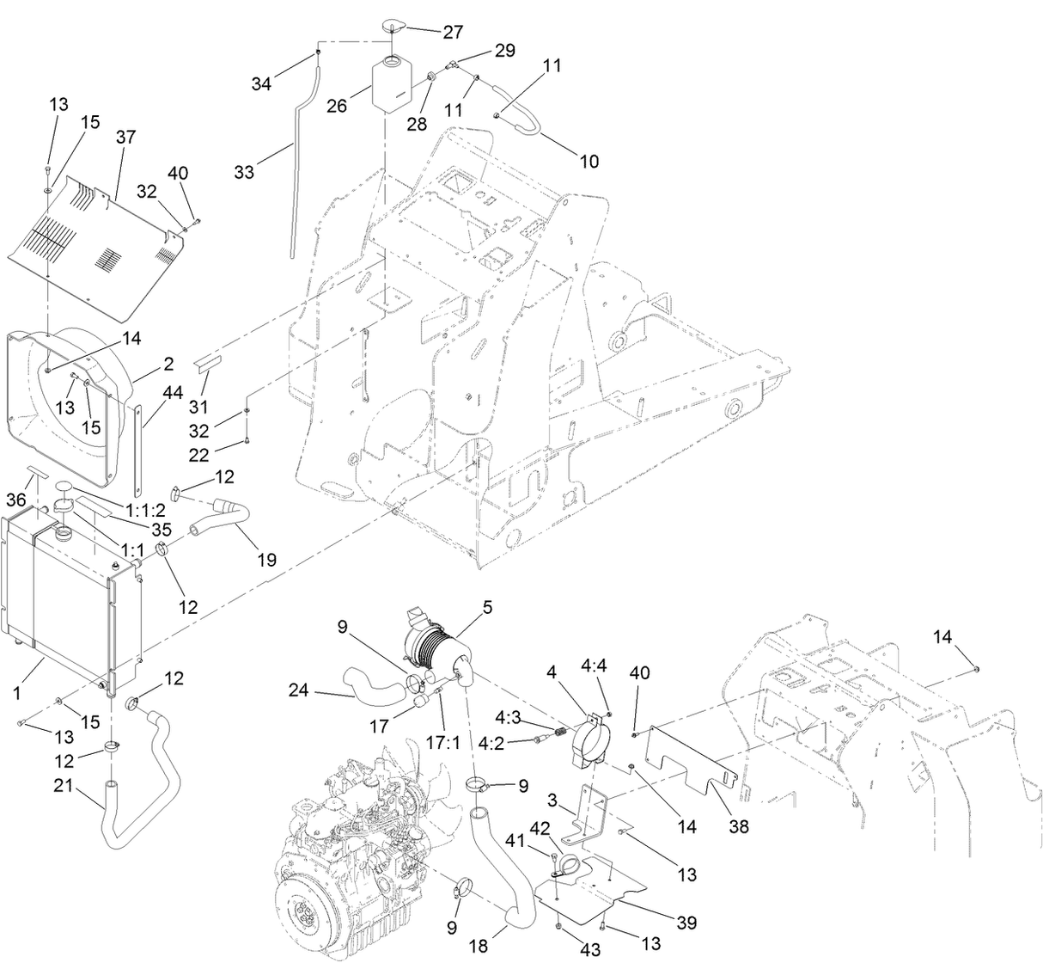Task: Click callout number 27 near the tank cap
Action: (453, 32)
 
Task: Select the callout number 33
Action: (244, 172)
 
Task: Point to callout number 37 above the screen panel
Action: (126, 138)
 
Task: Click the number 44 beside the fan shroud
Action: (173, 393)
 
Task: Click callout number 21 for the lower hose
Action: (64, 786)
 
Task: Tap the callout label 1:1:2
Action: (145, 510)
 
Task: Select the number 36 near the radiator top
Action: (16, 500)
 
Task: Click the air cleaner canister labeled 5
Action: (438, 647)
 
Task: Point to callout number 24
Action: (298, 690)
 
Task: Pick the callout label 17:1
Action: (442, 743)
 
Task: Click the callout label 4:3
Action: (507, 717)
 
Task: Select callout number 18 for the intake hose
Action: (479, 946)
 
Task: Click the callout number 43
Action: (589, 949)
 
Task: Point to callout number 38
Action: (739, 827)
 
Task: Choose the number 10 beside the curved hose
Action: (589, 162)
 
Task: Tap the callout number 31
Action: (198, 407)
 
